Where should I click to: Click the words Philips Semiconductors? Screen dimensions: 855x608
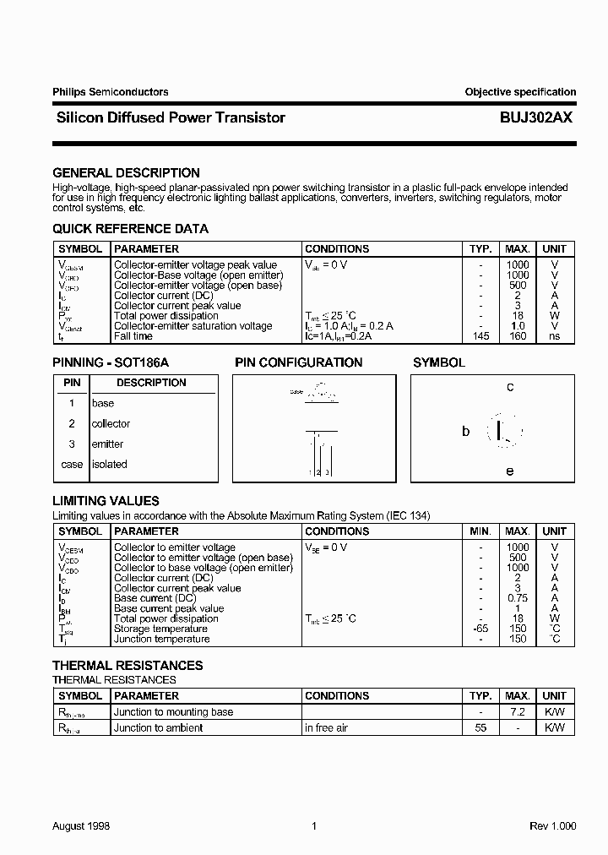click(110, 92)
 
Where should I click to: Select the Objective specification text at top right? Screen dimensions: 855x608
click(520, 92)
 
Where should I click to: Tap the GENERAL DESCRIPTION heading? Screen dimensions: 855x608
click(126, 172)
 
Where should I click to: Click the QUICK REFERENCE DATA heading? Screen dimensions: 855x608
click(130, 228)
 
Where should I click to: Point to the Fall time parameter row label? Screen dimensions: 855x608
click(133, 336)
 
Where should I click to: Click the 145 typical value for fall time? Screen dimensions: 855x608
click(480, 336)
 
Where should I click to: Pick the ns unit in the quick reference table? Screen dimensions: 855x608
click(555, 336)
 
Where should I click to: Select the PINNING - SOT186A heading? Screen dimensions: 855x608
click(111, 362)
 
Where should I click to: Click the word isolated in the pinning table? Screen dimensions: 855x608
click(109, 464)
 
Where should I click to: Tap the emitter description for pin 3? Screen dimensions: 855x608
click(107, 444)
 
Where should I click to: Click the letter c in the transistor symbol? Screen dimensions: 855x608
click(510, 387)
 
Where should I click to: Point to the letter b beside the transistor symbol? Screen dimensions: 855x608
click(465, 431)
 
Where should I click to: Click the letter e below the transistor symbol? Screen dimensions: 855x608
click(510, 471)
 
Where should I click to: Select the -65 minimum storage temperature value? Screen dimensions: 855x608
click(480, 629)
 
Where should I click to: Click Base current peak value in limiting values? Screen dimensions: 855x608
click(169, 608)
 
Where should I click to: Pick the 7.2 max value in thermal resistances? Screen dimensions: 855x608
click(518, 712)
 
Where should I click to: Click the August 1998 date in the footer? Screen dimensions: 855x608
click(81, 826)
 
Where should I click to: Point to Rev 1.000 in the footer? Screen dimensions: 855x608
click(552, 826)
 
